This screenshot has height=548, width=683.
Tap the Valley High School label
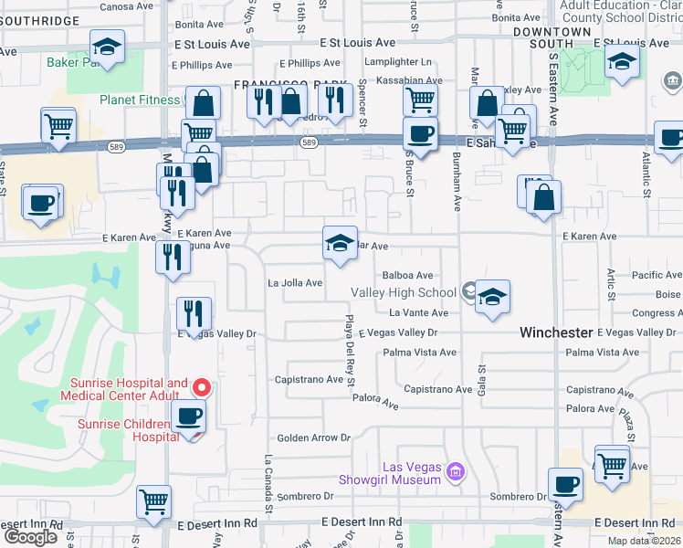point(404,292)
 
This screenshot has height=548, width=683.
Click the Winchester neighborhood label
point(557,332)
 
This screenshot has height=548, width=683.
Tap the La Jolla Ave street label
point(295,283)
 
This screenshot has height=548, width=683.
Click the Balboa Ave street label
point(407,275)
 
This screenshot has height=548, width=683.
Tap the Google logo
point(30,536)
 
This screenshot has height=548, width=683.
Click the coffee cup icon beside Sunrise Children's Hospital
point(189,416)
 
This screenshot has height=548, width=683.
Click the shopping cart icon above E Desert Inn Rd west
point(153,501)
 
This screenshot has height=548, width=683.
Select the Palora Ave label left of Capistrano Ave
point(377,403)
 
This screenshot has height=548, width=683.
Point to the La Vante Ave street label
point(419,313)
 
